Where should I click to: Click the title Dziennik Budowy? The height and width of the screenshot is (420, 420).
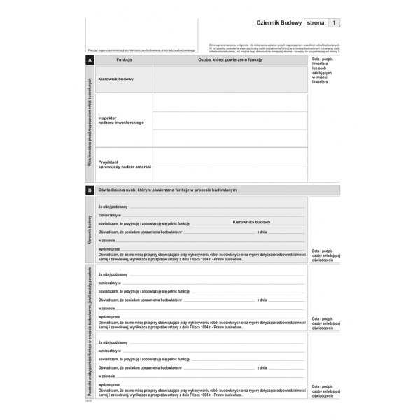pos(279,22)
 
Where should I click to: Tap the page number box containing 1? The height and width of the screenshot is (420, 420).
pos(335,22)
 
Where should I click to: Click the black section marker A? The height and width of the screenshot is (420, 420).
pos(90,61)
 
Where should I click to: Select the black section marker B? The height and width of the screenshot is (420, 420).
pos(90,190)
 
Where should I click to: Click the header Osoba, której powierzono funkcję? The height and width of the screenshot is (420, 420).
pos(230,61)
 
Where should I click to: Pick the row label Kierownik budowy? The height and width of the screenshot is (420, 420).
pos(116,80)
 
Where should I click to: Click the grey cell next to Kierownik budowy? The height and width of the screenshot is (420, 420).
pos(230,80)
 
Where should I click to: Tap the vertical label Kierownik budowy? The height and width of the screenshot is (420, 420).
pos(90,231)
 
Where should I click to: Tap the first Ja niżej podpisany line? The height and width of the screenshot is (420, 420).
pos(113,206)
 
